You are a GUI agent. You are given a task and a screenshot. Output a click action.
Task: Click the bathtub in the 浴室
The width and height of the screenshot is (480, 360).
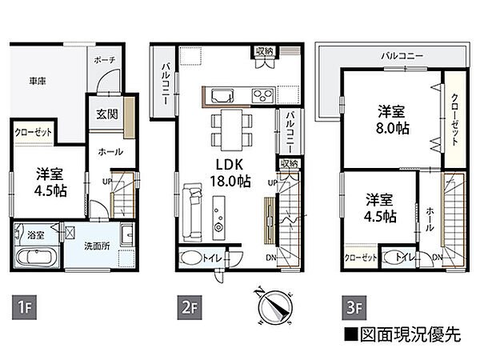coord(34,259)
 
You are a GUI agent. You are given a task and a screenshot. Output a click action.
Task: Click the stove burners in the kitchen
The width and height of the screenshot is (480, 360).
coord(263,94)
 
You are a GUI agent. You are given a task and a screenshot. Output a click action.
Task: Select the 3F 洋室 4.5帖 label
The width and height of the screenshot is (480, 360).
coord(378,208)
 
